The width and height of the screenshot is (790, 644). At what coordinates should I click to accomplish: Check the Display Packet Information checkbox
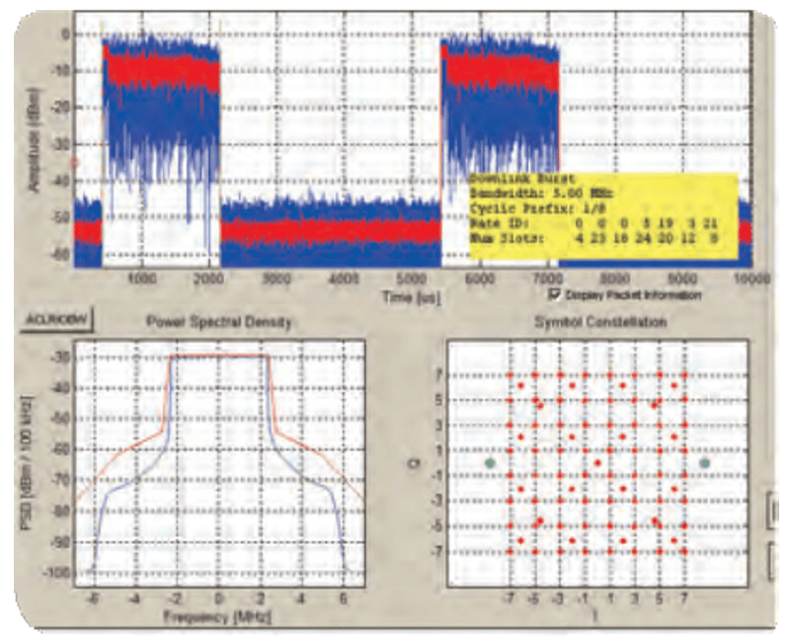point(555,294)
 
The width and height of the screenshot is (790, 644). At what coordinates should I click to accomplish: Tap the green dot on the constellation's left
point(490,462)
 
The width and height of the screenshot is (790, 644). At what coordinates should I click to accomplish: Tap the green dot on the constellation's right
point(704,462)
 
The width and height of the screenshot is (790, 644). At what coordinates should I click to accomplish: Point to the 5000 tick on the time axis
point(413,280)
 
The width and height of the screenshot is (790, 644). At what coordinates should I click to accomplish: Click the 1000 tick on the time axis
point(142,280)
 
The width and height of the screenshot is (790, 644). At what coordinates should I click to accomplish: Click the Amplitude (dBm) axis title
point(38,138)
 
